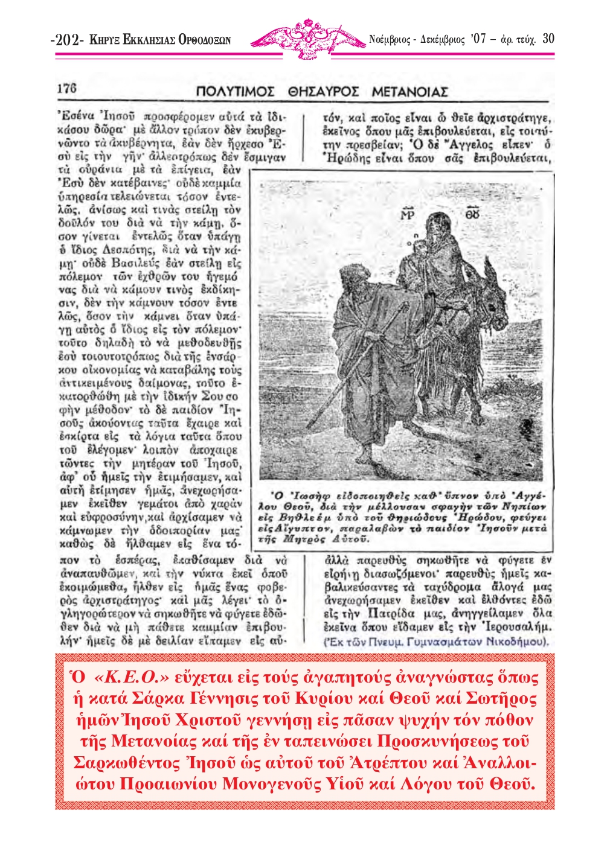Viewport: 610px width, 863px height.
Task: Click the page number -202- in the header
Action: pos(68,40)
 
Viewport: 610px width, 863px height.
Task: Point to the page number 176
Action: pos(67,88)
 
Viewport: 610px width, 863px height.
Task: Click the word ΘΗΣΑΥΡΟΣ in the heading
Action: pos(323,92)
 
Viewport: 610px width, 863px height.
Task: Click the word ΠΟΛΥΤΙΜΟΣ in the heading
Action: pos(236,92)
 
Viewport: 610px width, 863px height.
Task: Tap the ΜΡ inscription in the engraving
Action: pos(408,215)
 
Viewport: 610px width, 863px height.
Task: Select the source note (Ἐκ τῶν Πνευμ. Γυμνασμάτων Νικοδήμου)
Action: pos(436,642)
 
